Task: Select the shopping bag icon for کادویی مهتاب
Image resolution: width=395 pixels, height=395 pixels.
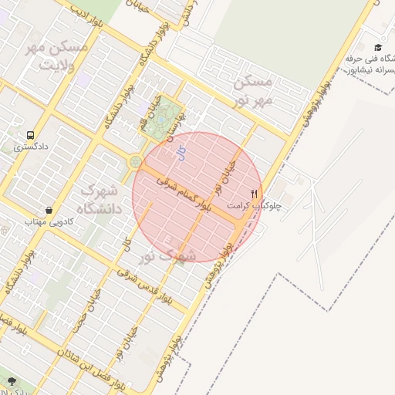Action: pyautogui.click(x=49, y=209)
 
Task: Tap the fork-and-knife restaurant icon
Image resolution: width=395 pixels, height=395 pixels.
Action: pyautogui.click(x=255, y=194)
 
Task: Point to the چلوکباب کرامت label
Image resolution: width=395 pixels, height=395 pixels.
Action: pyautogui.click(x=255, y=206)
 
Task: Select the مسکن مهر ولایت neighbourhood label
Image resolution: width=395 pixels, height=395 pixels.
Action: pyautogui.click(x=59, y=56)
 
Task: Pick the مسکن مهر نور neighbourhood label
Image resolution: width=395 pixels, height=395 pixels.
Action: pyautogui.click(x=253, y=90)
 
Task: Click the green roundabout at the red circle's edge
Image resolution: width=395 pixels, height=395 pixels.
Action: pyautogui.click(x=136, y=162)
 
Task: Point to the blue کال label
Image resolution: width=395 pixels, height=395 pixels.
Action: pyautogui.click(x=181, y=153)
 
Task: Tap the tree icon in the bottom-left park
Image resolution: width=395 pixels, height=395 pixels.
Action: pyautogui.click(x=11, y=380)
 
